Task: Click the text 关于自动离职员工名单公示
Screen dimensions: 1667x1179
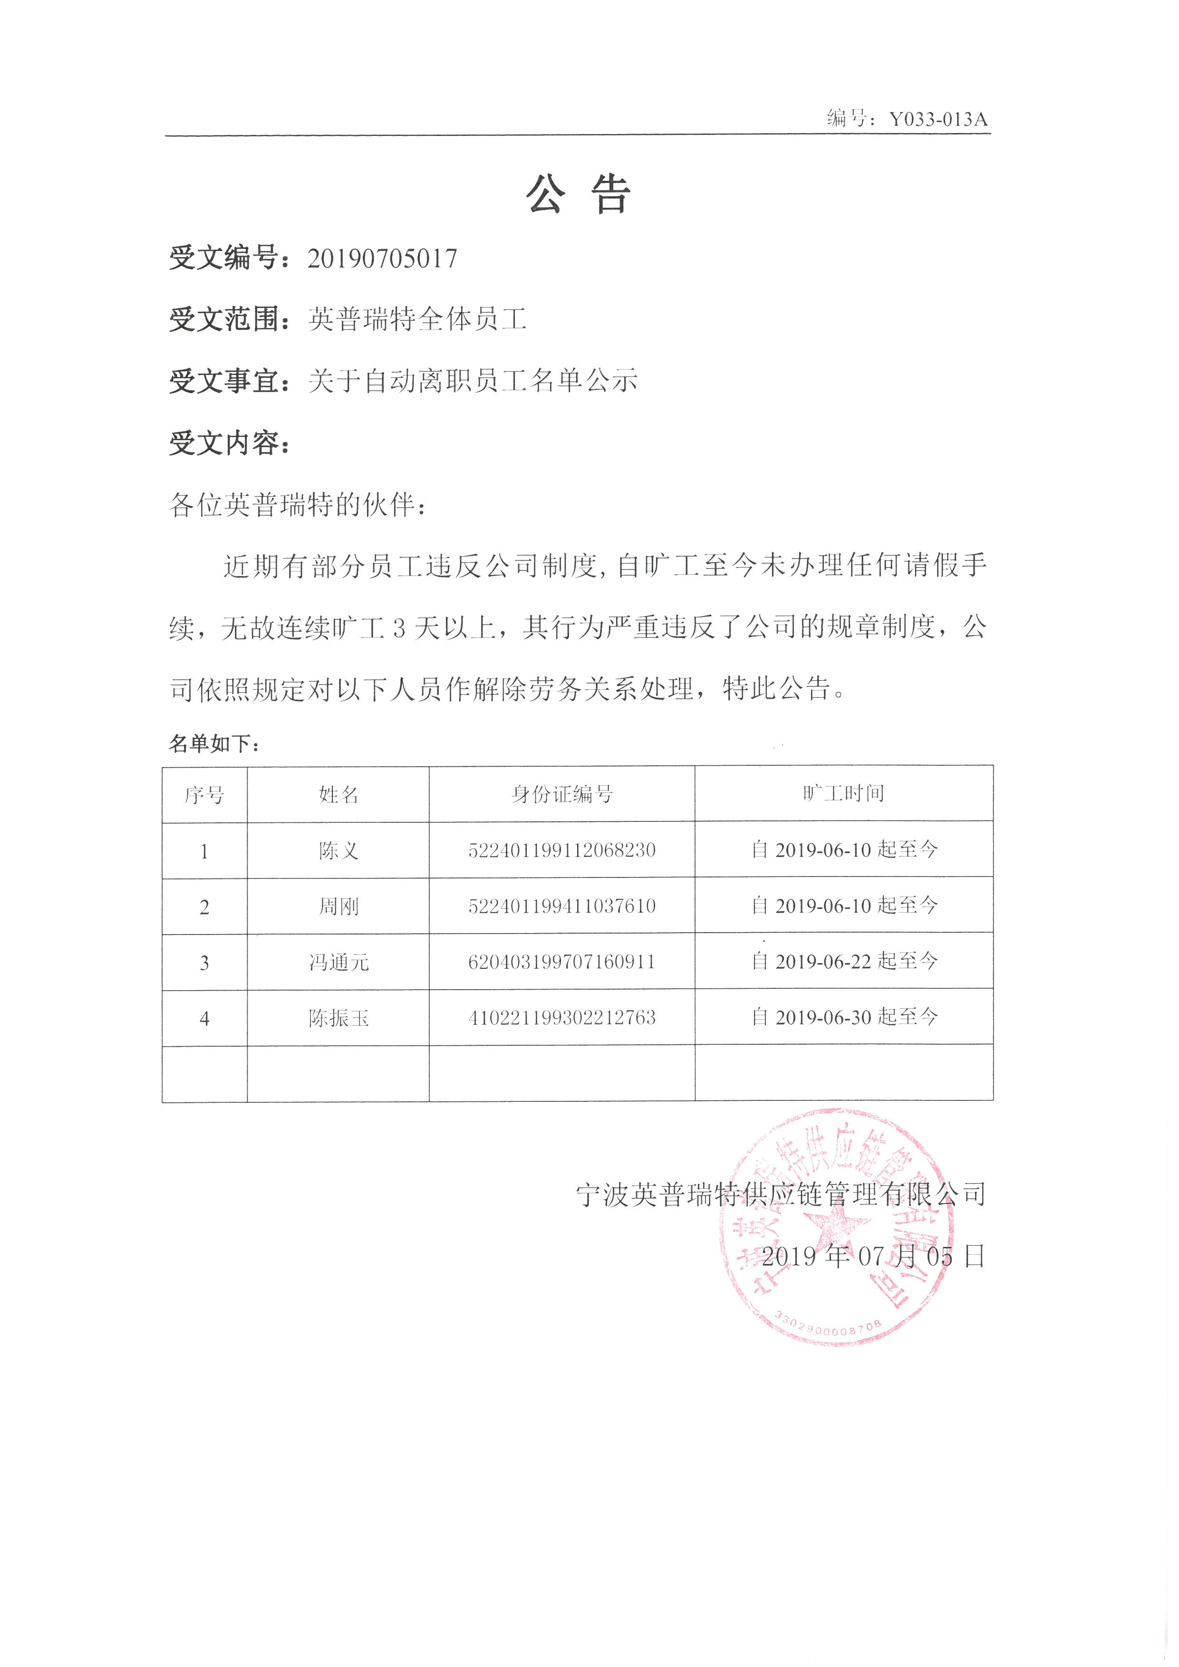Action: click(x=473, y=380)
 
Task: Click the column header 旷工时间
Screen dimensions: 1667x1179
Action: click(x=843, y=793)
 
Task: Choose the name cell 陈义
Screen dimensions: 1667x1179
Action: click(x=338, y=850)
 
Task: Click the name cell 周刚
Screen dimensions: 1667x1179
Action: click(x=338, y=906)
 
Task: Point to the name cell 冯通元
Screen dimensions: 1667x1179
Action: click(x=338, y=962)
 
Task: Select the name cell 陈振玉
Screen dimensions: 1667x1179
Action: click(x=338, y=1018)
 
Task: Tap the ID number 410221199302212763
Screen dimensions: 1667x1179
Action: click(x=562, y=1018)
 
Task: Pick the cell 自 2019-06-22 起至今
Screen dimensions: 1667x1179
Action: click(x=844, y=961)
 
